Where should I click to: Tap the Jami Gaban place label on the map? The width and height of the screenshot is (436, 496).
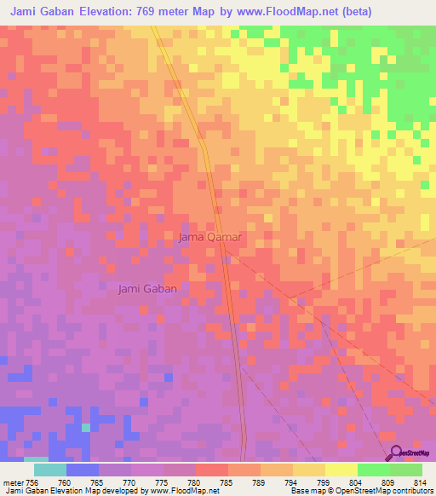(147, 289)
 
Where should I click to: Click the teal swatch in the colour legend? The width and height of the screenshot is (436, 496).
(49, 470)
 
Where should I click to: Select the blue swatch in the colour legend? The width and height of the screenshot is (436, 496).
(82, 470)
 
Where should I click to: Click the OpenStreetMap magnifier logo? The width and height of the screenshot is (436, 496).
(395, 452)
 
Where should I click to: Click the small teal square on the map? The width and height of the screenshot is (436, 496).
(85, 427)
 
